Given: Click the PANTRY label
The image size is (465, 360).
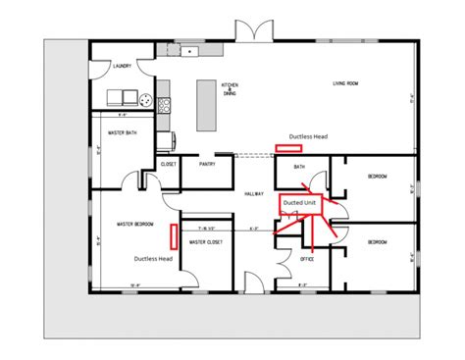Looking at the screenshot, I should click(x=207, y=165).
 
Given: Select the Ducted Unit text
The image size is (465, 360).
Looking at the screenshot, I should click(x=299, y=203).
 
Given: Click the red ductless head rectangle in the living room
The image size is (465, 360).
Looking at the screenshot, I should click(x=288, y=149).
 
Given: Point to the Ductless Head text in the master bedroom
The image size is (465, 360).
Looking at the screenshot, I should click(x=154, y=258).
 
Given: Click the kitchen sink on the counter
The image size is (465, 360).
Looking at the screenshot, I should click(x=193, y=50).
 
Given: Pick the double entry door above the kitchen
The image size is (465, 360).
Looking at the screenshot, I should click(x=254, y=31).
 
